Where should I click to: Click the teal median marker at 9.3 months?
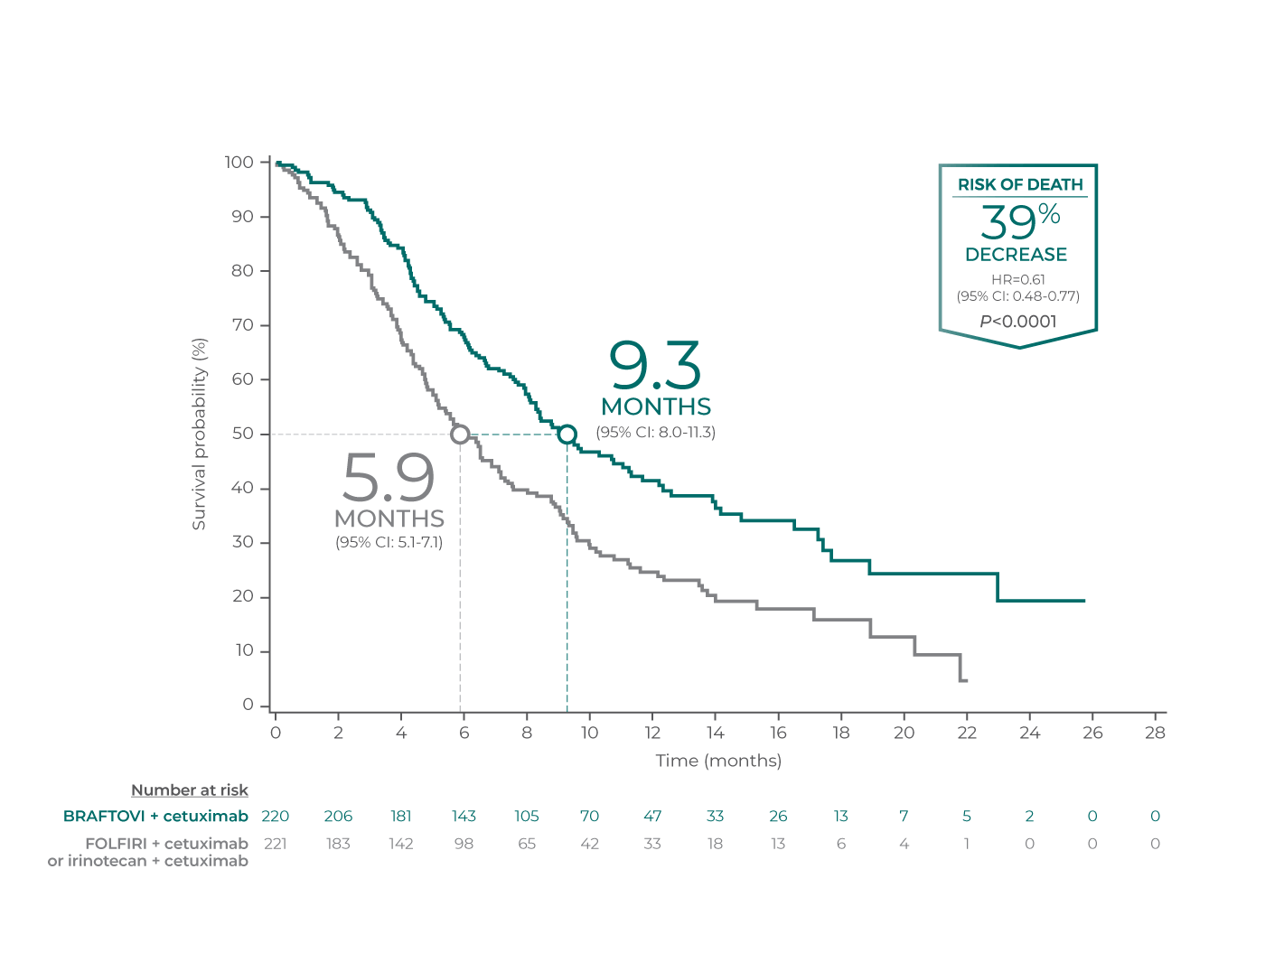point(567,435)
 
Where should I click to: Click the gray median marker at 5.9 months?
point(460,435)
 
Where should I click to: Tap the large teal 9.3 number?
point(655,366)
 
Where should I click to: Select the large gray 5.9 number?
point(389,478)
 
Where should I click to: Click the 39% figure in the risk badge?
point(1019,220)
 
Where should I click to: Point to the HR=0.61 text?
point(1017,279)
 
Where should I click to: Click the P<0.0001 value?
point(1017,322)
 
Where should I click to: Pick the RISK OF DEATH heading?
point(1020,184)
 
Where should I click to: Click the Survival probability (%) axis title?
point(199,434)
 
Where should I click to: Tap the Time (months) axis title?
point(718,761)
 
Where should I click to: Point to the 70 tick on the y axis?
point(242,325)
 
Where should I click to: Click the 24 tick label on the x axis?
point(1029,733)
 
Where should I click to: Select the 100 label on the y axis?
point(239,163)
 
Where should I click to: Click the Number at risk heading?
point(190,790)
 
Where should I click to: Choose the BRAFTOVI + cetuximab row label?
point(155,817)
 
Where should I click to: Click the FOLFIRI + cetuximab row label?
point(166,844)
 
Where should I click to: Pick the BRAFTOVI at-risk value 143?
point(464,817)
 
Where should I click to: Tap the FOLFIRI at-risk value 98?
point(464,844)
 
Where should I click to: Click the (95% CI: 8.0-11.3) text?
point(655,433)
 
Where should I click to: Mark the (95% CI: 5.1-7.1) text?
point(389,543)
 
